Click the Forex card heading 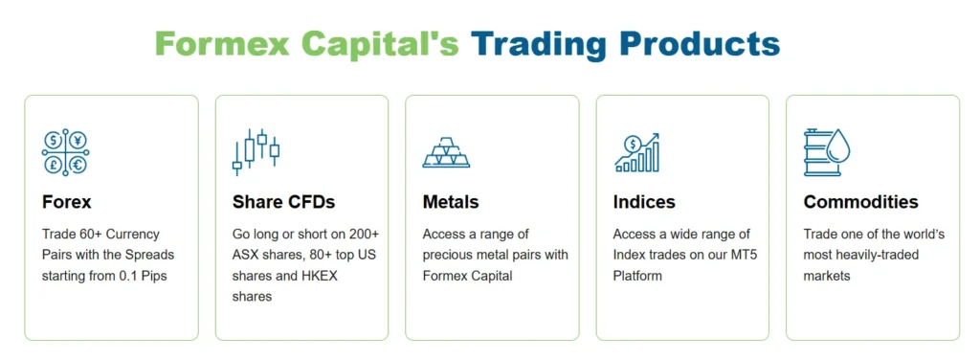67,202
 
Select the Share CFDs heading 283,202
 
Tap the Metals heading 451,202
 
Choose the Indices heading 644,202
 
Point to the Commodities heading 860,202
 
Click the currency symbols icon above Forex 65,152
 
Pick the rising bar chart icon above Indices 636,152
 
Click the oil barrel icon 826,152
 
